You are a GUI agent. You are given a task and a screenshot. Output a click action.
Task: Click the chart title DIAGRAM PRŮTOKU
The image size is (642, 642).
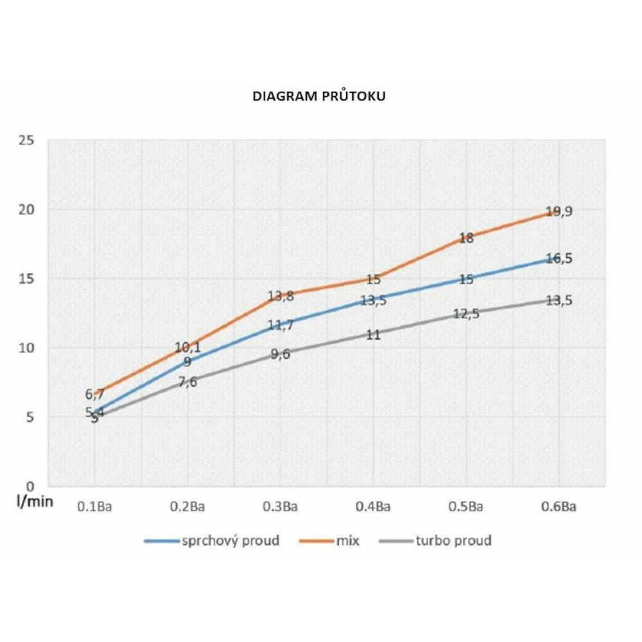(318, 97)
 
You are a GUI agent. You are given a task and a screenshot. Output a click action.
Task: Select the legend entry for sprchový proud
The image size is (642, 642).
(212, 541)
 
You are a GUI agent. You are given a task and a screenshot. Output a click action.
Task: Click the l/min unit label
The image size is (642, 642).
(35, 501)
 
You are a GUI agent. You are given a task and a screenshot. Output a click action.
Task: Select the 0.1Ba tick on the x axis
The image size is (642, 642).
(94, 507)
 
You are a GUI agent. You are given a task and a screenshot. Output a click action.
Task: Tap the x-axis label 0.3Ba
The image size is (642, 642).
(280, 507)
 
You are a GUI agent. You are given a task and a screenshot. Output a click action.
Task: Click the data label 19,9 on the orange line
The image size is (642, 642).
(559, 212)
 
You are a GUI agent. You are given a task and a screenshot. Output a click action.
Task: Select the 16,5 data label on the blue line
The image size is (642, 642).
(559, 259)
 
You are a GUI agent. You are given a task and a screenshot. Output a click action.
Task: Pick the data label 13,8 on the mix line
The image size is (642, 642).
(281, 297)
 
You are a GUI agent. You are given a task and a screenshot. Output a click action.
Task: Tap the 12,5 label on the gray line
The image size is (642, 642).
(466, 315)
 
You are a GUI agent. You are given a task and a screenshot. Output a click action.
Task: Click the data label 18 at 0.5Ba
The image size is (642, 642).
(466, 238)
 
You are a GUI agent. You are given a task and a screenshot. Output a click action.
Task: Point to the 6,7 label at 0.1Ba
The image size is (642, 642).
(94, 395)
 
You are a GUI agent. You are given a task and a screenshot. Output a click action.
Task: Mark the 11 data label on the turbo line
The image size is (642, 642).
(374, 334)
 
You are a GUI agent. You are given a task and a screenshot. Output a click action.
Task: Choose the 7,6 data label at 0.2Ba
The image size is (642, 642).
(187, 383)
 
